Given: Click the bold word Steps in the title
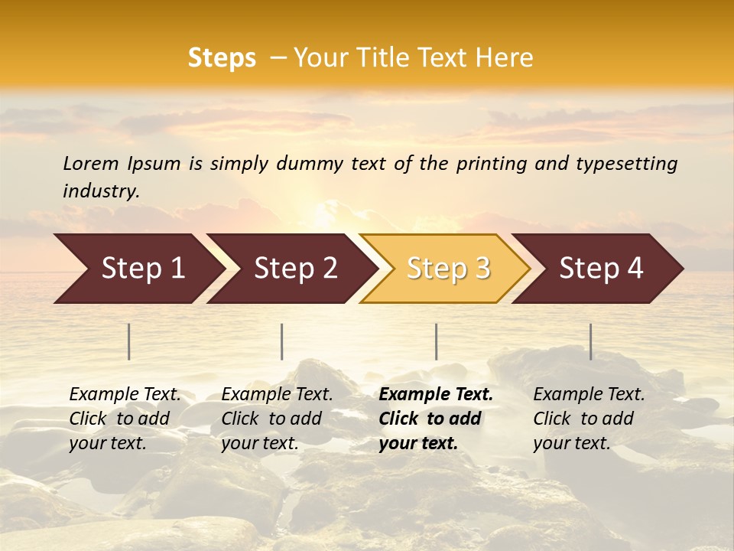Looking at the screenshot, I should (x=222, y=58).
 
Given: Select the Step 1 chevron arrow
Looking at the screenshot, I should (x=138, y=269).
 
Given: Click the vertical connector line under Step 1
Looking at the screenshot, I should (x=129, y=341).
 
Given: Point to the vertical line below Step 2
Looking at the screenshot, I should (x=282, y=341).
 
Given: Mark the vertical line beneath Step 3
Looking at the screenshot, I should (x=437, y=341).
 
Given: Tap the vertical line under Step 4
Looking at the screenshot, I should (x=591, y=341).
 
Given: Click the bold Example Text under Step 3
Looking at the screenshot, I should (x=436, y=395).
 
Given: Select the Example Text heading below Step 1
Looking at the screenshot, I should (x=125, y=395).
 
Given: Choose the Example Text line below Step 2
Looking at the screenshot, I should (x=277, y=395).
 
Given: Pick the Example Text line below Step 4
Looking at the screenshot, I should (x=589, y=395).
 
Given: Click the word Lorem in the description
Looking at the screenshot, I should (x=90, y=164).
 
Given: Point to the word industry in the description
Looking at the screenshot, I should (x=100, y=191).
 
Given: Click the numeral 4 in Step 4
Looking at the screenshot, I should (x=635, y=269).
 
